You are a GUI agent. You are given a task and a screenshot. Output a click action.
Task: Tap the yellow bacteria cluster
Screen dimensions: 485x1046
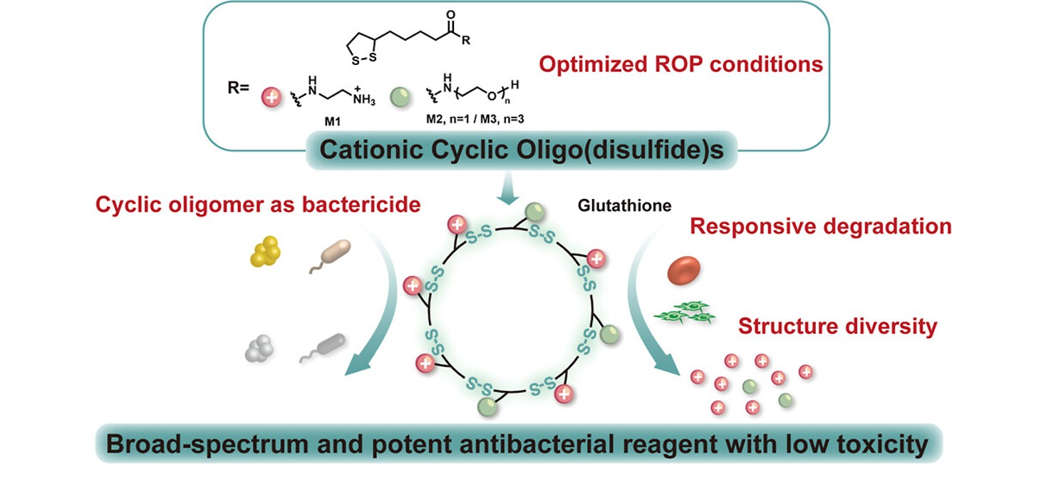point(266,252)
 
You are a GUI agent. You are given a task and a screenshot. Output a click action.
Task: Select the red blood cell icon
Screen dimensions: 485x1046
point(683,271)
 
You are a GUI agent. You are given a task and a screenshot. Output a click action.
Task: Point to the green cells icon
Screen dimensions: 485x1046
point(685,312)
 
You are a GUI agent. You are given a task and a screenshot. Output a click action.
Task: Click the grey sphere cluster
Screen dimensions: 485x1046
point(259,349)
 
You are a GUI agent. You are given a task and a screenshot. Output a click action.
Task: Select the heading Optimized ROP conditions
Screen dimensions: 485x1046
point(680,65)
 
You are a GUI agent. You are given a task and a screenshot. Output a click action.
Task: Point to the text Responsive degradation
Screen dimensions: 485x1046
point(821,227)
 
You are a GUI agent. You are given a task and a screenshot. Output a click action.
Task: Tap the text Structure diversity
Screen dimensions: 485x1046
point(837,327)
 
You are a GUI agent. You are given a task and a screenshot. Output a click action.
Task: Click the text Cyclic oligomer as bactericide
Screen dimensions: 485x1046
point(257,205)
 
